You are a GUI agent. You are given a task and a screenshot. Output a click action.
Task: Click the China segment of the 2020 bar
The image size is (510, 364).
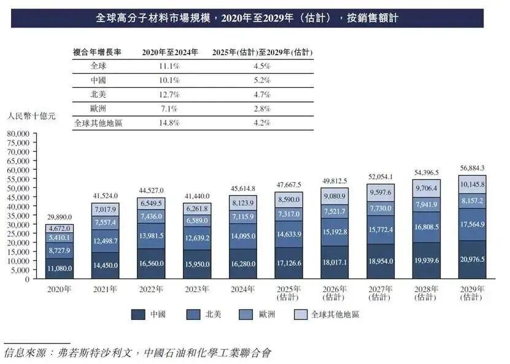(59, 268)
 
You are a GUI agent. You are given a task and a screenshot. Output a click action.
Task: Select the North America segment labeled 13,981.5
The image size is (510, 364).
(151, 236)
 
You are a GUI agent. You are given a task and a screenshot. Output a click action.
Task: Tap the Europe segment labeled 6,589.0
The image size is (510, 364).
(197, 220)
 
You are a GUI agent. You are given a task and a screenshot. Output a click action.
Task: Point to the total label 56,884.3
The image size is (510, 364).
(473, 168)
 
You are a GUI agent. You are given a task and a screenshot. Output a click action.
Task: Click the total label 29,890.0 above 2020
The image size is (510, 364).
(59, 217)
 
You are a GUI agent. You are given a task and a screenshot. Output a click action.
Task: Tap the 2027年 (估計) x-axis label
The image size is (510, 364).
(381, 293)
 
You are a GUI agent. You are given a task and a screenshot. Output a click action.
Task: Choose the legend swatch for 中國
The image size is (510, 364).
(138, 314)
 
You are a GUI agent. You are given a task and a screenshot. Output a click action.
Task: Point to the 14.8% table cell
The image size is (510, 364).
(169, 123)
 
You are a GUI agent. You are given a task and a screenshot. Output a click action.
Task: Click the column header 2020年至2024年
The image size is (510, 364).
(170, 52)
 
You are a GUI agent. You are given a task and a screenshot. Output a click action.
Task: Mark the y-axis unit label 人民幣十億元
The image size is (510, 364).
(31, 115)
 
